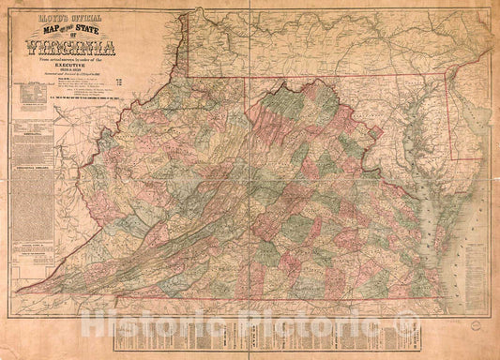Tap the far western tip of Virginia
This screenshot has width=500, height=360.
click(19, 289)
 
